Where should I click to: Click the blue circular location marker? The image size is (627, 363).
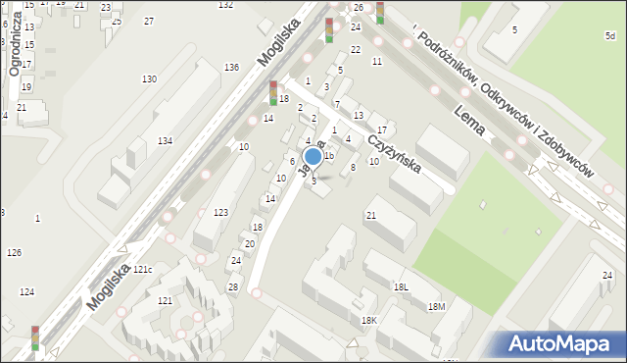tap(313, 156)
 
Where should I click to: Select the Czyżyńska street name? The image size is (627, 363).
tap(394, 153)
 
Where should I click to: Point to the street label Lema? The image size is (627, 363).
tap(471, 122)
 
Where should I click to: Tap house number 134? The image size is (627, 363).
tap(166, 141)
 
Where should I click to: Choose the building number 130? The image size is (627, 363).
tap(149, 78)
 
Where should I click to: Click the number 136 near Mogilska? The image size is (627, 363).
tap(231, 67)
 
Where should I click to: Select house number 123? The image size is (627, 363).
tap(221, 212)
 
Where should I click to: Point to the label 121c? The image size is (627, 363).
tap(143, 269)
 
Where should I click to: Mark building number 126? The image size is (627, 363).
tap(14, 253)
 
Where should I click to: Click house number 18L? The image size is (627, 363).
tap(401, 286)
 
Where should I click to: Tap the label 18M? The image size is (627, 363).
tap(436, 306)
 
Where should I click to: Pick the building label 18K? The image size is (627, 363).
tap(368, 321)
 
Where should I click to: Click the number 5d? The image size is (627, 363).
tap(609, 36)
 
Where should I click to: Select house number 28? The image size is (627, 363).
tap(233, 286)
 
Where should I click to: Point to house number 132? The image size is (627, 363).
tap(225, 5)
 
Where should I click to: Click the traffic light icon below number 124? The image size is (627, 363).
tap(35, 337)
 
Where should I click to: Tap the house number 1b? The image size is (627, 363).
tap(330, 156)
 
